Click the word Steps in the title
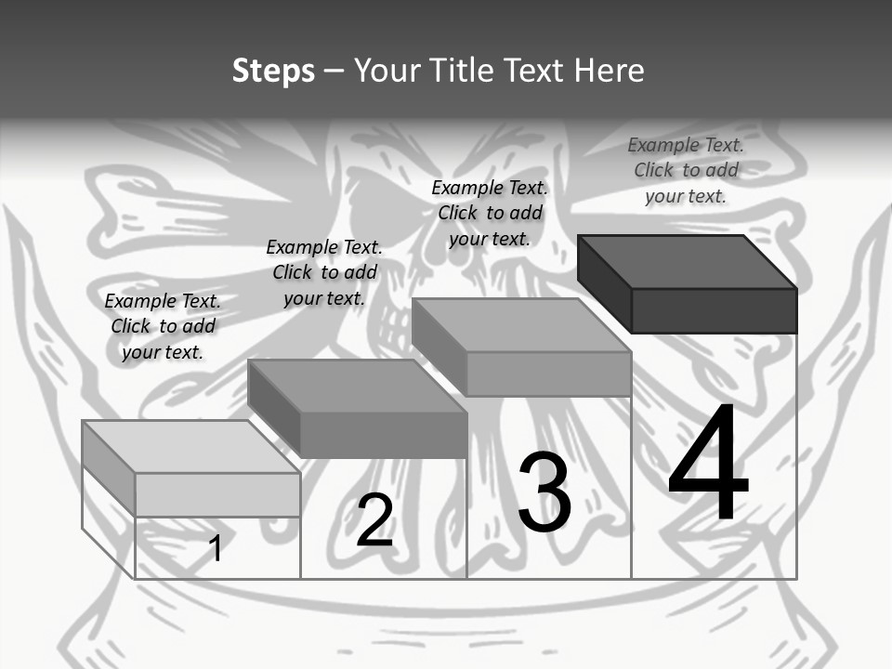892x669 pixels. pos(273,72)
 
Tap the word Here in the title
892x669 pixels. pos(609,71)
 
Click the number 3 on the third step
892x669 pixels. pos(544,492)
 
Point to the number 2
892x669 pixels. pos(374,520)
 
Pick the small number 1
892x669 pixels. pos(216,548)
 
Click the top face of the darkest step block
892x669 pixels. pos(686,262)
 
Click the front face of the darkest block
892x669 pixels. pos(714,310)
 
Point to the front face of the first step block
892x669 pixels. pos(217,494)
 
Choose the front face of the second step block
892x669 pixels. pos(383,435)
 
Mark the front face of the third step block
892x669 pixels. pos(548,374)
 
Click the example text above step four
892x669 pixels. pos(686,170)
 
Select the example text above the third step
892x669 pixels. pos(490,213)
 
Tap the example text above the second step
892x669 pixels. pos(324,272)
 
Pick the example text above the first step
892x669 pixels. pos(163,326)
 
